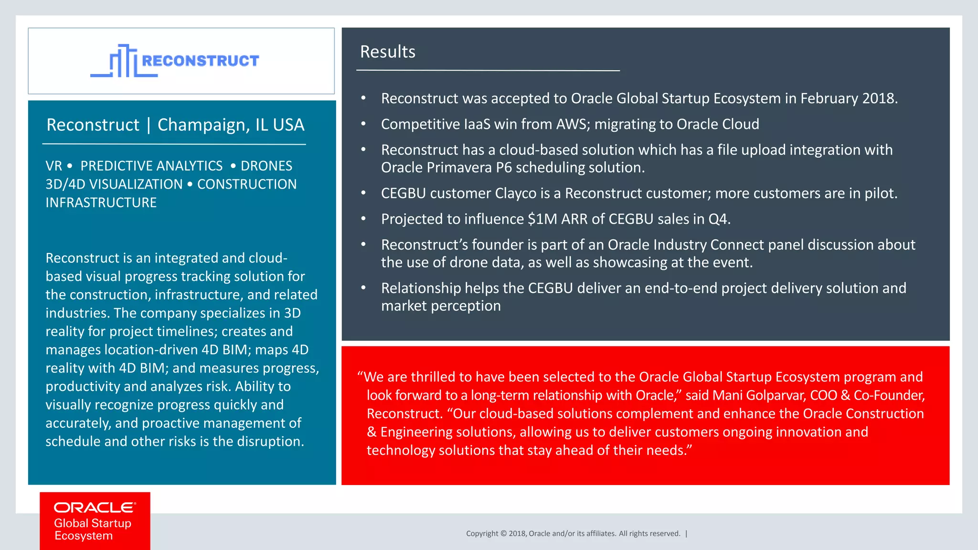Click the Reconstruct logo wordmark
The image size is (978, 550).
click(200, 61)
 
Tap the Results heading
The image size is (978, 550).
click(387, 52)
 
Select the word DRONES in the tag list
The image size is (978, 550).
click(266, 166)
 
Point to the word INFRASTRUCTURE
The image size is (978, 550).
click(101, 202)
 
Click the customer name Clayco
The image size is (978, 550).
click(516, 193)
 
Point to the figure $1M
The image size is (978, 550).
click(542, 219)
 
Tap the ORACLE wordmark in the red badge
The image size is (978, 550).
click(95, 508)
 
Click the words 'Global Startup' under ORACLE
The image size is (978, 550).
click(93, 523)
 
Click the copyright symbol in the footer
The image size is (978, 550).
click(503, 534)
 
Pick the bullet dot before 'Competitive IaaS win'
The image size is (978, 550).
click(363, 124)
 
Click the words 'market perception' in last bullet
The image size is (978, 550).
click(441, 306)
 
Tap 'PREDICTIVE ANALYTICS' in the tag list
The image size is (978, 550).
click(151, 166)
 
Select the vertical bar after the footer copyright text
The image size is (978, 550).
click(686, 534)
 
